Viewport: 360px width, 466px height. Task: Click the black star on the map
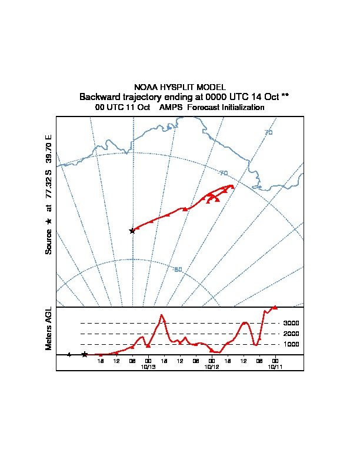coord(132,231)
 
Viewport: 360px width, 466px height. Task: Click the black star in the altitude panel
coord(85,354)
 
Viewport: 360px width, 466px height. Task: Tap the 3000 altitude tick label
coord(292,323)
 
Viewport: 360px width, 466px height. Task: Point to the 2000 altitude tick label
coord(292,334)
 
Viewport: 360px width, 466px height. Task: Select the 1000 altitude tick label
coord(292,344)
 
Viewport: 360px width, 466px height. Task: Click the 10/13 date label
coord(148,366)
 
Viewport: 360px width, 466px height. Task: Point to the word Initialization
coord(241,108)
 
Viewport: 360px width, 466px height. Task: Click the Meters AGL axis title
coord(49,328)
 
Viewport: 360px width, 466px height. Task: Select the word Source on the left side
coord(49,241)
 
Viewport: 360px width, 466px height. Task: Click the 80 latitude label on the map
coord(178,269)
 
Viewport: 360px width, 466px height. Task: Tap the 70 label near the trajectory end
coord(223,173)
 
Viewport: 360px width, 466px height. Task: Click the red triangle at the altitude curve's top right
coord(275,307)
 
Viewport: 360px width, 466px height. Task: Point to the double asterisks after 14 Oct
coord(285,96)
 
